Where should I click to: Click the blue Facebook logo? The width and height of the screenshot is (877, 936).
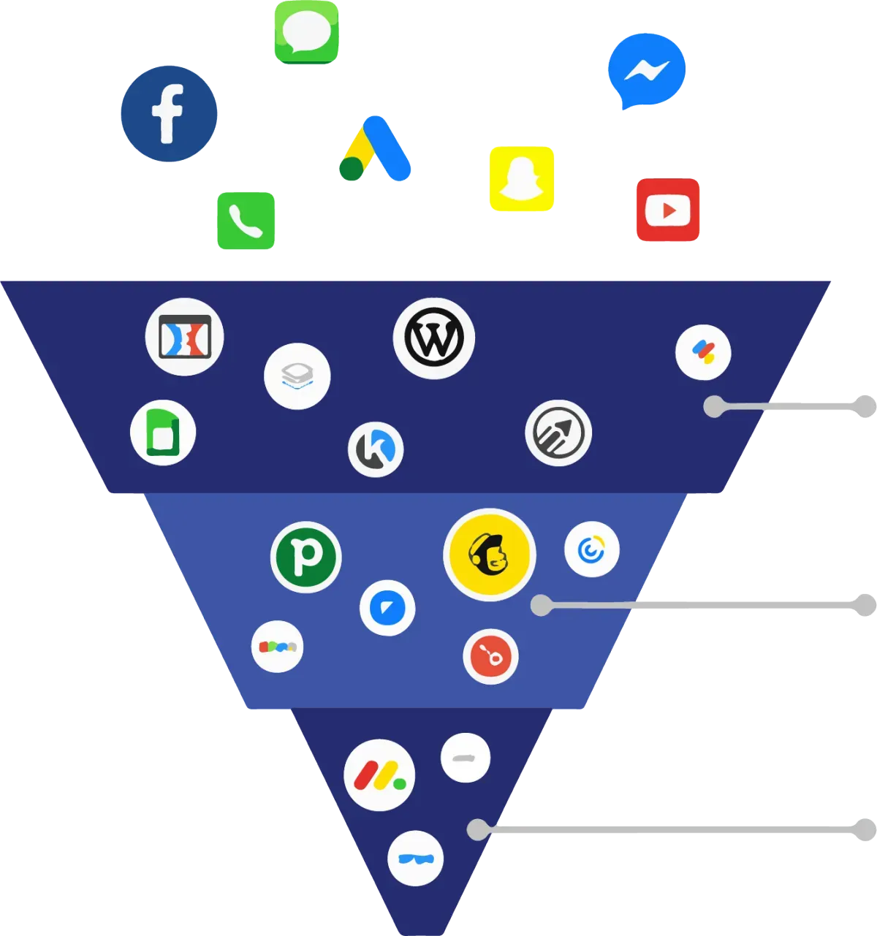pos(169,113)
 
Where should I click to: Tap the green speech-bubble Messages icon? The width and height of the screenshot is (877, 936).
pos(307,31)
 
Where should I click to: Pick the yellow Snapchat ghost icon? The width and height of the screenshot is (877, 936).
pos(521,179)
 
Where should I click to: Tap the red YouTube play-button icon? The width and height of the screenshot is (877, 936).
pos(668,210)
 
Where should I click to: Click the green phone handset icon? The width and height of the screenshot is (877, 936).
pos(246,221)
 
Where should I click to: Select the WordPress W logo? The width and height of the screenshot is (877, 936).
pos(434,338)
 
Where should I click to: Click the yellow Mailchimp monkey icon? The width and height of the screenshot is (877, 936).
pos(489,555)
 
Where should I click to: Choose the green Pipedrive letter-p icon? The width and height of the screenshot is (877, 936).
pos(306,557)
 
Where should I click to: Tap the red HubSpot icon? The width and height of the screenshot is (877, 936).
pos(490,656)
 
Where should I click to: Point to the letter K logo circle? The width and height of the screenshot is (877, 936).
pos(376,449)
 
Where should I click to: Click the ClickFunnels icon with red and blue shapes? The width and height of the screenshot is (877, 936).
pos(184,337)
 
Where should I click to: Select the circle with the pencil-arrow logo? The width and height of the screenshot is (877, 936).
pos(558,433)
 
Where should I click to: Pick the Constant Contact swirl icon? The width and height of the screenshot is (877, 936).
pos(591,549)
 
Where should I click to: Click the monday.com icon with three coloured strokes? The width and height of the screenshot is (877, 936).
pos(379,775)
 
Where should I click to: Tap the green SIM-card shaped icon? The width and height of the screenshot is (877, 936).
pos(163,433)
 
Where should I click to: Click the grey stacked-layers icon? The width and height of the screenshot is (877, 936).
pos(297,376)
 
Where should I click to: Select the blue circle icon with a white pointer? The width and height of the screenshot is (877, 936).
pos(387,608)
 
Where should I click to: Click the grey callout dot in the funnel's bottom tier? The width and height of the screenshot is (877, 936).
pos(477,829)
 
